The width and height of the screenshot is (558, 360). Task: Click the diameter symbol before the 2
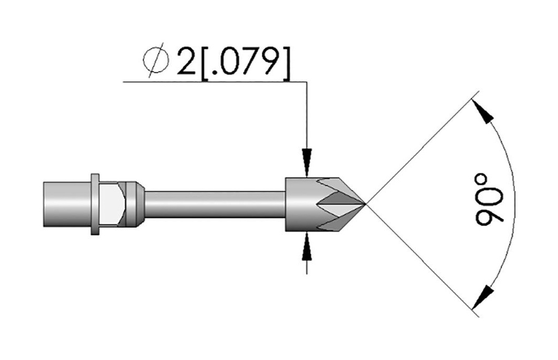155,60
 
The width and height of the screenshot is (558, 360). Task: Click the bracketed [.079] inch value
246,63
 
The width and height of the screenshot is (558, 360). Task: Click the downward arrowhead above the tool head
307,162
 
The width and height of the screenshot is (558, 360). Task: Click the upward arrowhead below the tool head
307,246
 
